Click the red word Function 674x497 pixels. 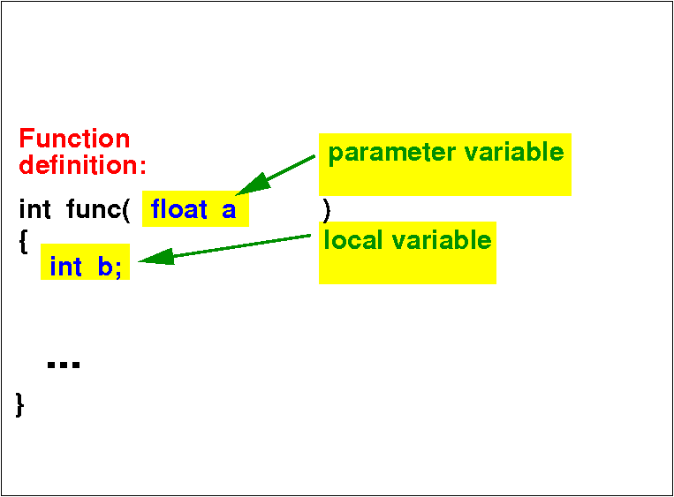74,139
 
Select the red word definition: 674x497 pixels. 82,165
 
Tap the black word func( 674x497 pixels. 98,209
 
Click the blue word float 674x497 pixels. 178,209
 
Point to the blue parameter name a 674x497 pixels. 229,210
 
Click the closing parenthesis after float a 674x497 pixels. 326,210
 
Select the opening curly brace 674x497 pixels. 24,242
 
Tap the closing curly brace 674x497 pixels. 19,404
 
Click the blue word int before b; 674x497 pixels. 65,267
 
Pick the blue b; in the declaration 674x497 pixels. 110,267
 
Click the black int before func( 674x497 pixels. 34,209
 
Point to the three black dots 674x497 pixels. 64,365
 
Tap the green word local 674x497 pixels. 353,240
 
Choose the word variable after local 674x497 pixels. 442,240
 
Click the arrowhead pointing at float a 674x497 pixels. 253,184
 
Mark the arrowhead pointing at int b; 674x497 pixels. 156,257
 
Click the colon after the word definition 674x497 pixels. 143,167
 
